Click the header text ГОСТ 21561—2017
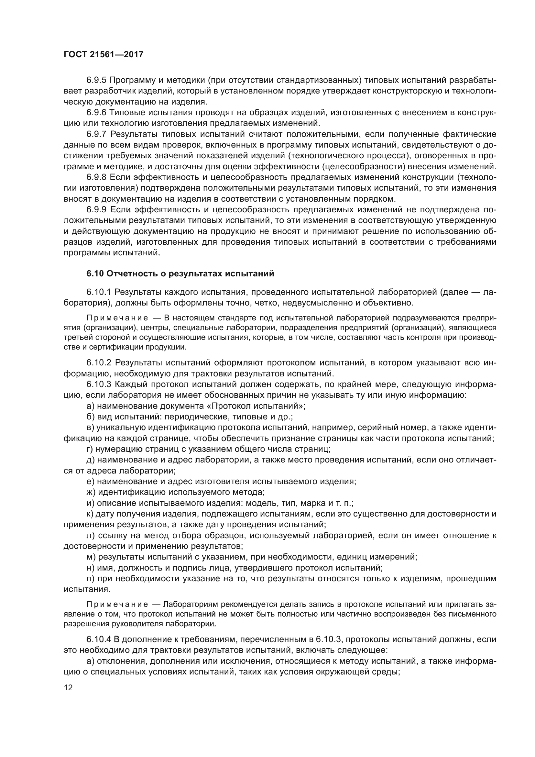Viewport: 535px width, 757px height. point(104,55)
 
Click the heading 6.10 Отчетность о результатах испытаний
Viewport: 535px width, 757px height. point(180,274)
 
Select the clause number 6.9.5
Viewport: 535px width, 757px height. point(96,80)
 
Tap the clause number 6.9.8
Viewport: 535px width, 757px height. point(96,177)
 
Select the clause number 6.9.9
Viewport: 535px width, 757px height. point(96,210)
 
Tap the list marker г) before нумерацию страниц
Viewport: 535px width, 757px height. point(90,449)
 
